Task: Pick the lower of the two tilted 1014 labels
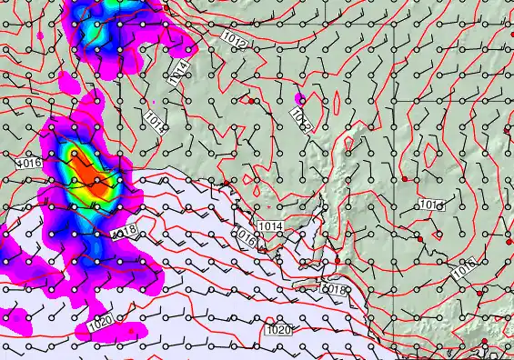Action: coord(155,120)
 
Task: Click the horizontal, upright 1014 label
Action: coord(269,225)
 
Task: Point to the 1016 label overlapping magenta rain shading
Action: coord(28,163)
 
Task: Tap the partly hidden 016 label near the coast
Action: coord(246,239)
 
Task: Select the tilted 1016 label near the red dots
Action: coord(464,267)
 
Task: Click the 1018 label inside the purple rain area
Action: coord(125,232)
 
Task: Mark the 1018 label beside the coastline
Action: coord(335,289)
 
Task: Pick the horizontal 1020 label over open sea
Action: coord(277,330)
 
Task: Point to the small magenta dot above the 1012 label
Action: coord(299,97)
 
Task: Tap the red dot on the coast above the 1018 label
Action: coord(337,262)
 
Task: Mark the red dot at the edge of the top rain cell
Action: coord(166,10)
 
